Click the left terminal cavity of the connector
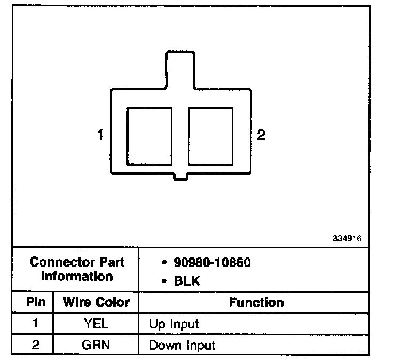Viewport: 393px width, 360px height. (149, 136)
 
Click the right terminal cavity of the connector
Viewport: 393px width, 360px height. (211, 136)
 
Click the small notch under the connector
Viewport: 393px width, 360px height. (180, 176)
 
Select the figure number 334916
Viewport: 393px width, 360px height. (347, 239)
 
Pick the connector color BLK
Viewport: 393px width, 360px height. (187, 280)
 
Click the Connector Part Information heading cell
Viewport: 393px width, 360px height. (77, 269)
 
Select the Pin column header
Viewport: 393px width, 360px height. (35, 302)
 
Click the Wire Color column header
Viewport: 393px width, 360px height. (96, 302)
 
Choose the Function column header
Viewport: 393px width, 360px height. (256, 303)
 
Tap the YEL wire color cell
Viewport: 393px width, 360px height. (96, 324)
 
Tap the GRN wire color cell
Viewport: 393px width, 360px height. (96, 345)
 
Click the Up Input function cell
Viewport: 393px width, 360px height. (174, 324)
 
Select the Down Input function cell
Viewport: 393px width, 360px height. (182, 345)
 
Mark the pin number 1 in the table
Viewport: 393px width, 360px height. (35, 324)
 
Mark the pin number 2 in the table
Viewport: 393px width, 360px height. (35, 345)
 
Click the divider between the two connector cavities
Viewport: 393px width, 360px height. (180, 136)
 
